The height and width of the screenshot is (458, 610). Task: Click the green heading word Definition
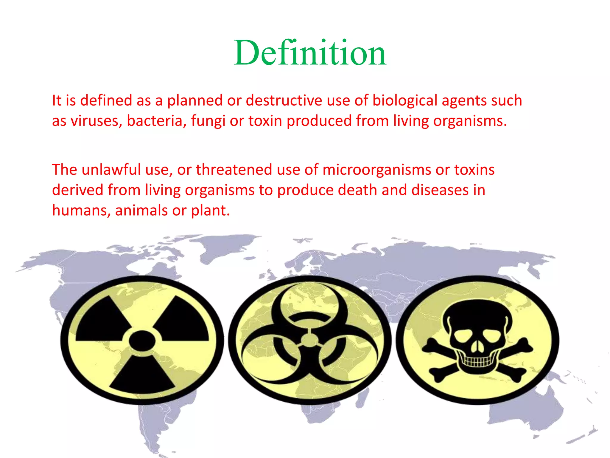pyautogui.click(x=310, y=53)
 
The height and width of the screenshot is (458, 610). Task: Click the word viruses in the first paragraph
pyautogui.click(x=97, y=121)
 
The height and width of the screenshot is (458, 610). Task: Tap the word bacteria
pyautogui.click(x=155, y=121)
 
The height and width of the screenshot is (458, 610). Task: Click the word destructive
pyautogui.click(x=284, y=101)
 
